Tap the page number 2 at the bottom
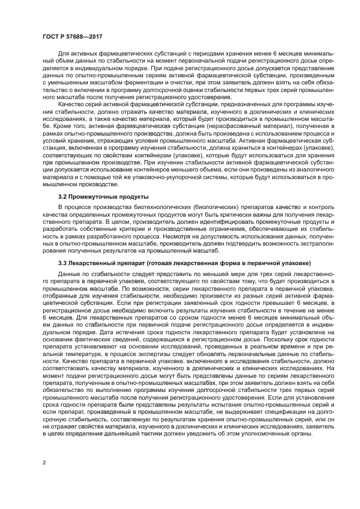click(44, 463)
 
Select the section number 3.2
click(64, 197)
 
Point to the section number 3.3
click(64, 262)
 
